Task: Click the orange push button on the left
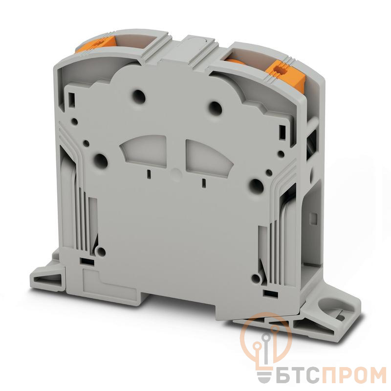[x=96, y=44]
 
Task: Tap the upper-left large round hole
[x=139, y=97]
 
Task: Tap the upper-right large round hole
[x=215, y=108]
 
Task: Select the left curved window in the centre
[x=144, y=151]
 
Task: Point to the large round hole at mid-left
[x=101, y=160]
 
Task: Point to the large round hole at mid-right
[x=256, y=186]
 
